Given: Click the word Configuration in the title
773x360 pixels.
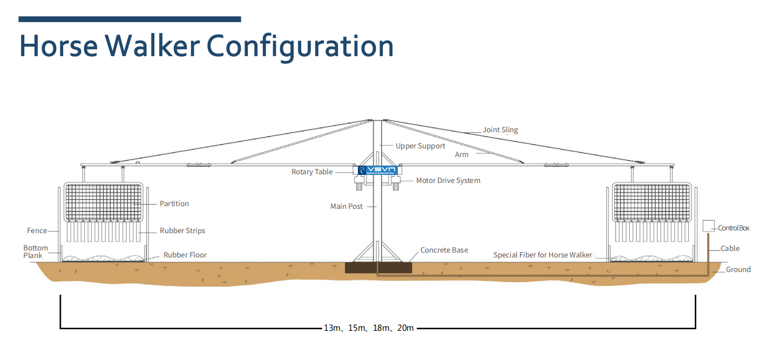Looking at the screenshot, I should coord(300,46).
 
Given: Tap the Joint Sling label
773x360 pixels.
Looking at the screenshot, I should coord(500,130).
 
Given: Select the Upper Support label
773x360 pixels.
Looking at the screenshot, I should coord(420,146).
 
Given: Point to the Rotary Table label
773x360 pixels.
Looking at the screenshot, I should coord(312,172).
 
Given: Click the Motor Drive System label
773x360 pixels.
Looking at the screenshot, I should coord(447,180).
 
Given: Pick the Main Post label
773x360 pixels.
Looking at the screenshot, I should coord(347,206).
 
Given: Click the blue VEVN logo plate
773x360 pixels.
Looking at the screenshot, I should coord(377,170).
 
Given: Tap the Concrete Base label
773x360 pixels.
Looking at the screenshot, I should coord(444,250).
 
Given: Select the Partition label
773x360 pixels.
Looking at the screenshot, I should coord(174,203).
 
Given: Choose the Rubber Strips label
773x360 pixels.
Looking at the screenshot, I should coord(182,230).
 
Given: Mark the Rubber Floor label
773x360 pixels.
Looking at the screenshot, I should coord(185,255).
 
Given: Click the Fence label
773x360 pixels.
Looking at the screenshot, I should coord(37,230).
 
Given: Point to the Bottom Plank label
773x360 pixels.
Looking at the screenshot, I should coord(35,252).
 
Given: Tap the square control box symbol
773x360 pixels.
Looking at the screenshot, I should coord(708,226).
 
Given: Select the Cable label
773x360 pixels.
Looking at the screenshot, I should coord(730,249).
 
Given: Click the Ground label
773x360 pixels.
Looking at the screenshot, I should coord(738,269).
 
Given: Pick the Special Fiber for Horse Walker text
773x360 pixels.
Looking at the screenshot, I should coord(543,255).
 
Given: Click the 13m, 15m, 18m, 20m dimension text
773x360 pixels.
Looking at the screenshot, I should coord(369,328).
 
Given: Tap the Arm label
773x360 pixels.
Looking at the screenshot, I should coord(462,154).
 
